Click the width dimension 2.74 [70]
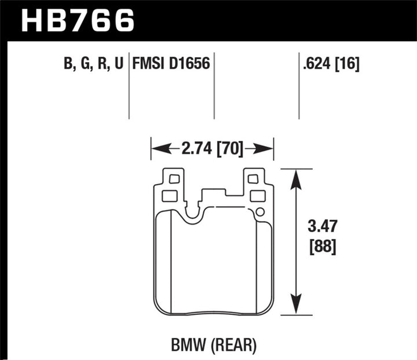click(211, 149)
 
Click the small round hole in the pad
click(260, 211)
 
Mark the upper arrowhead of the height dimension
click(297, 178)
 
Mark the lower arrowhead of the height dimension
click(297, 306)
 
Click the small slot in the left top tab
click(171, 179)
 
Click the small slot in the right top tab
click(253, 179)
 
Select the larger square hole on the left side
click(170, 196)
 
